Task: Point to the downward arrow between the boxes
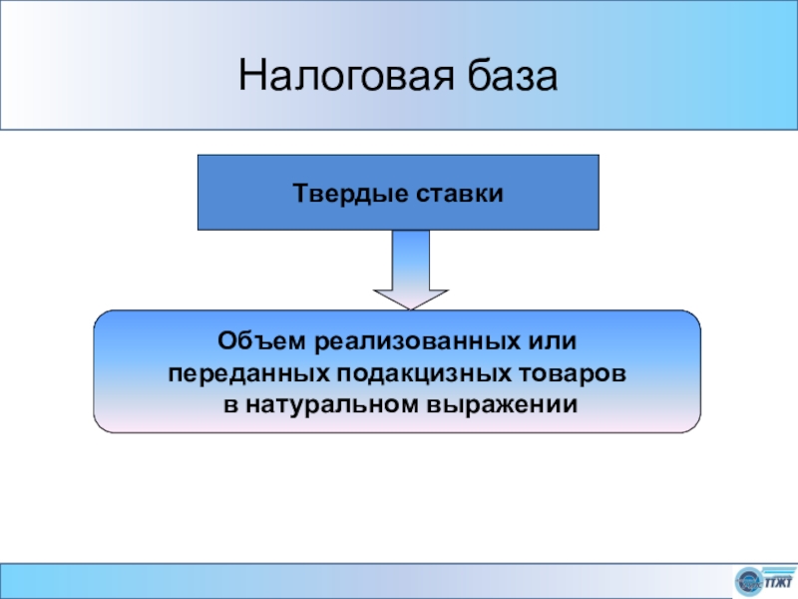411,270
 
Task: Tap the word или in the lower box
554,341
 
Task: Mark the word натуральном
334,405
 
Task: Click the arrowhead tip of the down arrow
411,305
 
